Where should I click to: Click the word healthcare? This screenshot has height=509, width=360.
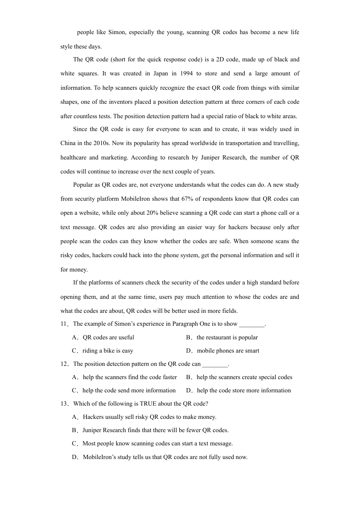point(73,158)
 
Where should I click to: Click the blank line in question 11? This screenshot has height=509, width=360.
point(252,325)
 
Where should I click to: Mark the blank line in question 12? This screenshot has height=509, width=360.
point(215,365)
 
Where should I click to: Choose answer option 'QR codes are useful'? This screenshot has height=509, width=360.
point(108,337)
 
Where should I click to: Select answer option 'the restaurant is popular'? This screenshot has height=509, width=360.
point(227,337)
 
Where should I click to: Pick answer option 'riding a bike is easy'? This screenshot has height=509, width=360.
point(108,351)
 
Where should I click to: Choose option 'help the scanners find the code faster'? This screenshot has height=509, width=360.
point(130,377)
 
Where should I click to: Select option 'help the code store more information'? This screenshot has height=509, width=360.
point(244,390)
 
